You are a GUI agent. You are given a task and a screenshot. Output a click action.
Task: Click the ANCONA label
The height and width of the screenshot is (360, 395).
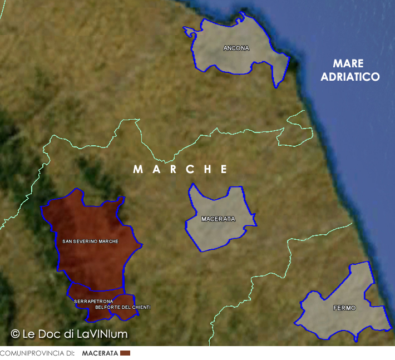pos(236,48)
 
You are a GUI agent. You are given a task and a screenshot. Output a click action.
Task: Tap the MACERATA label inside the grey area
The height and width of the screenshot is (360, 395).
pos(218,219)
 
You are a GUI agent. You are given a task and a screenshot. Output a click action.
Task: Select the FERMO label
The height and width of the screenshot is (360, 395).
pos(344,308)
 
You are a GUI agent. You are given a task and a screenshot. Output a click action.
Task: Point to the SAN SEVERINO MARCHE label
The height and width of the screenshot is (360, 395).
pos(90,241)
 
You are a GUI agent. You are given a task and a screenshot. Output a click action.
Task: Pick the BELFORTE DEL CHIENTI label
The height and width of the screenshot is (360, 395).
pos(123,307)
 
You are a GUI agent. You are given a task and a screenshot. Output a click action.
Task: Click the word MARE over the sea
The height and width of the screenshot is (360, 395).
pos(349,63)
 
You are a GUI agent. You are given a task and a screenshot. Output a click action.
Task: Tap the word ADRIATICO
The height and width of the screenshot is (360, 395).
pos(350,77)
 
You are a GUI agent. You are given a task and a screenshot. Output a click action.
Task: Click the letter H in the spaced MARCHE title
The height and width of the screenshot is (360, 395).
pos(207,169)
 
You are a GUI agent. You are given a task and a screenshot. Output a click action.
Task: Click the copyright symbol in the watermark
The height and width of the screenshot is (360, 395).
pos(16,334)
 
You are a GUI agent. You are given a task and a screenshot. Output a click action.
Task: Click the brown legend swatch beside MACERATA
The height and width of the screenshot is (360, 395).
pos(125,353)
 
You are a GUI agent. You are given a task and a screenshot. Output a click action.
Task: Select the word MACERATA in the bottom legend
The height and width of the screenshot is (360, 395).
pos(100,353)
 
